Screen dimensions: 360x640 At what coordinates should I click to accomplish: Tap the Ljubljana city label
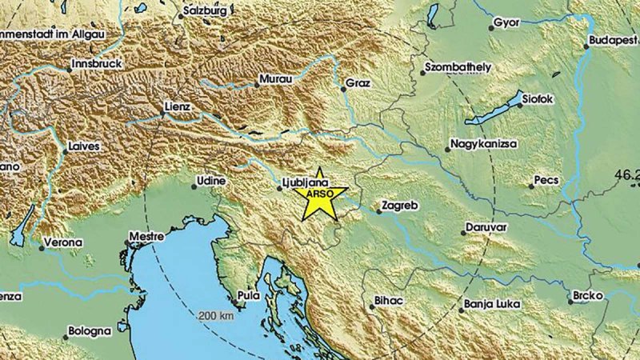tap(306, 182)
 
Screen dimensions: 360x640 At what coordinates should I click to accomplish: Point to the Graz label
tap(358, 83)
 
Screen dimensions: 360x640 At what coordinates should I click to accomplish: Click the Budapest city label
tap(613, 39)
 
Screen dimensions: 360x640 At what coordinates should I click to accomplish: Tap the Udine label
tap(212, 182)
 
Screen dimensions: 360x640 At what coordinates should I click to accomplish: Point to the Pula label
tap(248, 296)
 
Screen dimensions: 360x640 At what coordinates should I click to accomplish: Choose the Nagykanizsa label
tap(484, 144)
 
